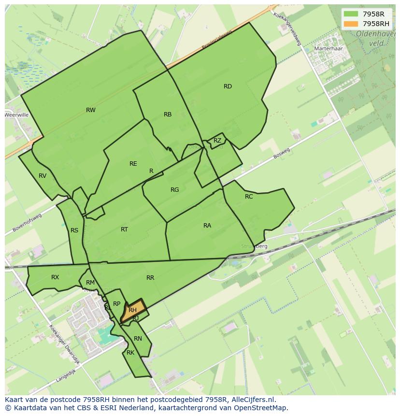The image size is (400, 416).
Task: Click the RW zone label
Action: tap(90, 110)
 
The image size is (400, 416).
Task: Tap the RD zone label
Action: tap(228, 86)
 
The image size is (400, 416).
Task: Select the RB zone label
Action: tap(168, 115)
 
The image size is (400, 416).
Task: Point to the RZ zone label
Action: tap(217, 141)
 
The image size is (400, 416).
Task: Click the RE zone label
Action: tap(133, 164)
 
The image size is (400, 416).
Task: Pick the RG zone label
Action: tap(175, 190)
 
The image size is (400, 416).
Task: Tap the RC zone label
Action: tap(249, 197)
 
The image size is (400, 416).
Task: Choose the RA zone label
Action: tap(207, 226)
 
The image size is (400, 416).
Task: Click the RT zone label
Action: tap(124, 230)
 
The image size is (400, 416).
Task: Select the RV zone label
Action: tap(43, 176)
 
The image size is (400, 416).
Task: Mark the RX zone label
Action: tap(55, 277)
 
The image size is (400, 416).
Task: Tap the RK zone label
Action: tap(130, 353)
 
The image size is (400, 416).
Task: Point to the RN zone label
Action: tap(138, 339)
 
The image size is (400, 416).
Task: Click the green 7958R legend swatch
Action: tap(351, 14)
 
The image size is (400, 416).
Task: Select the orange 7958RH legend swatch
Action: tap(351, 24)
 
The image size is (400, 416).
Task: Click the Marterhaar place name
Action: tap(328, 49)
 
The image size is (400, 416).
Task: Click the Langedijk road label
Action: tap(66, 374)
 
